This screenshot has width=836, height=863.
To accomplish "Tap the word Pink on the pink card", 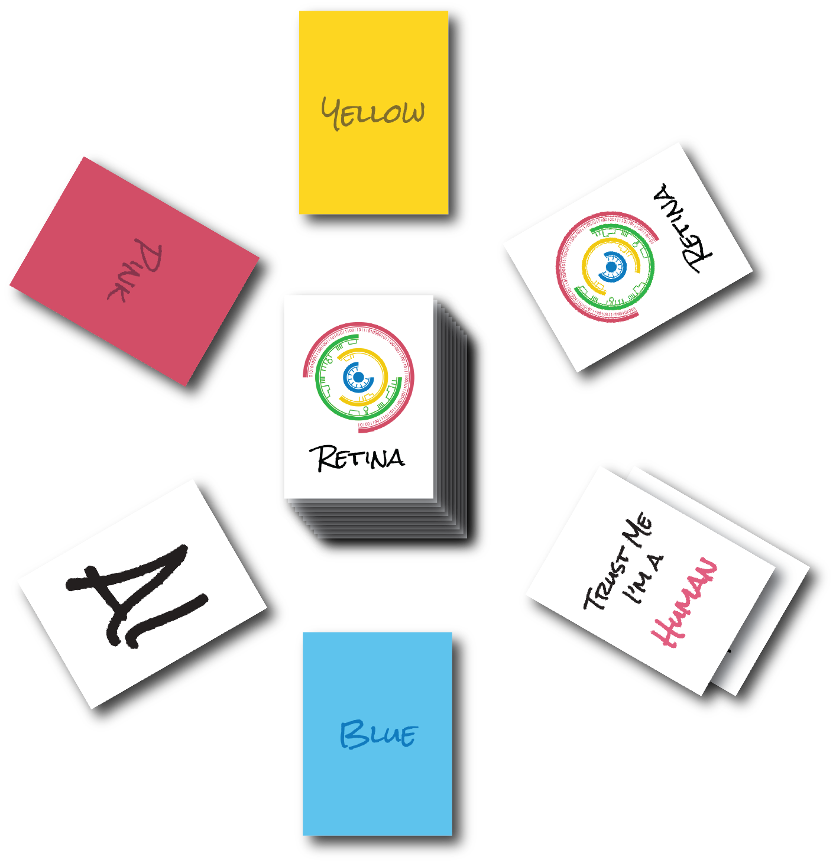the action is point(135,270).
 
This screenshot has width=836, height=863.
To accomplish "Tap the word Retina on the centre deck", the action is point(358,459).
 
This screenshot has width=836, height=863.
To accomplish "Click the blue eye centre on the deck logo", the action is point(358,377).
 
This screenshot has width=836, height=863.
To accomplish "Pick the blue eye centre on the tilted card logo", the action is point(611,267).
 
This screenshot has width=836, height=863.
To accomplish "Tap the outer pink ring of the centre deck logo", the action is point(410,378).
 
